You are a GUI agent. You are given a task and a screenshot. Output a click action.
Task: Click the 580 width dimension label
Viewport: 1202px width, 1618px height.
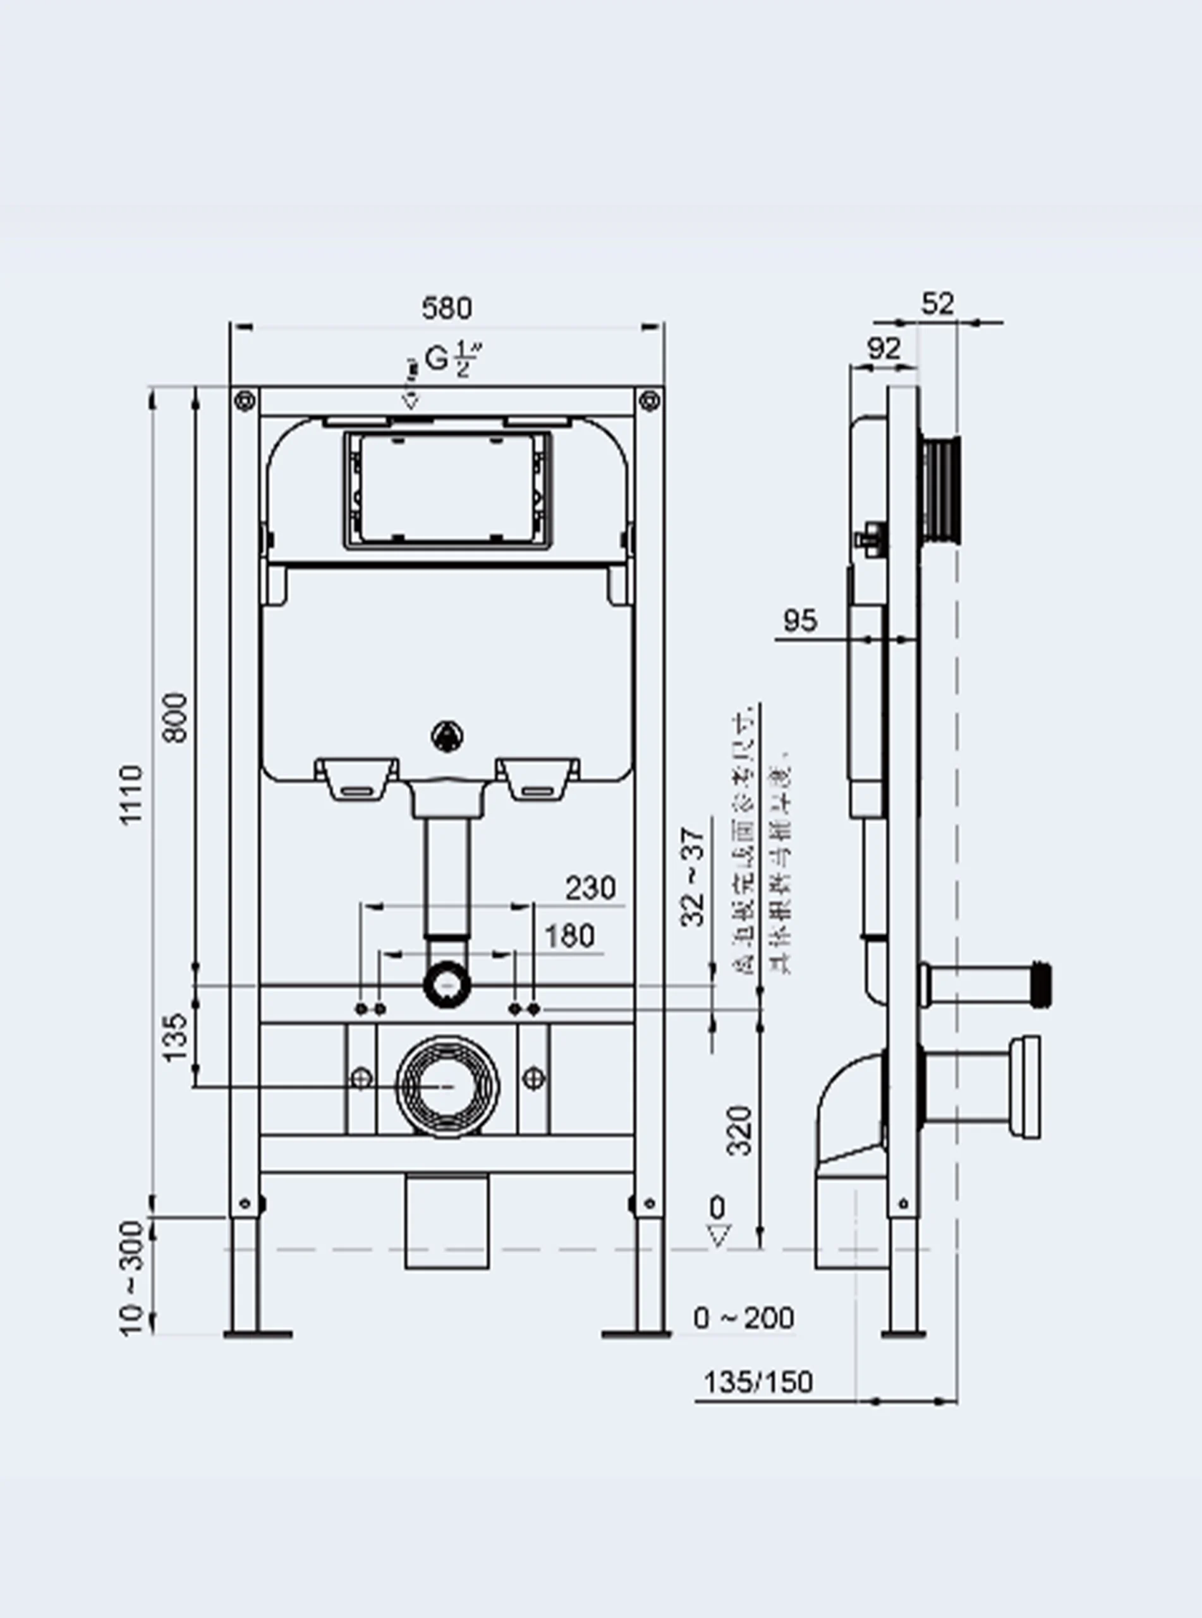tap(446, 308)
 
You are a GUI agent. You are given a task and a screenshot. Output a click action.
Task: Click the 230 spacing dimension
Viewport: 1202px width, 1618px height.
tap(590, 888)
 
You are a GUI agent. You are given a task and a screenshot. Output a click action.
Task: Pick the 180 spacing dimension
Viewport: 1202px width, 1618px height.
tap(569, 936)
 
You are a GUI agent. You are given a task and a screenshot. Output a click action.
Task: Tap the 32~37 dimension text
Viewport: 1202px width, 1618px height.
tap(693, 877)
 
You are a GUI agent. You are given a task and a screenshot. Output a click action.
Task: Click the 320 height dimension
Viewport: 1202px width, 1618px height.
tap(740, 1130)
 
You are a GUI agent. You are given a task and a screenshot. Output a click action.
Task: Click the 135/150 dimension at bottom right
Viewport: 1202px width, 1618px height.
tap(758, 1382)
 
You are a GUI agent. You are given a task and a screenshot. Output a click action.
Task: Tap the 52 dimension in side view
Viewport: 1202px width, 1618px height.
tap(937, 303)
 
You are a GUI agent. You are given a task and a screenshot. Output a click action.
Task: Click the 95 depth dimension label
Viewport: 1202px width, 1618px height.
tap(799, 621)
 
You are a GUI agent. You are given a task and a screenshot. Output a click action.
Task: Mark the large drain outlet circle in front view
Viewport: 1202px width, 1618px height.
tap(447, 1087)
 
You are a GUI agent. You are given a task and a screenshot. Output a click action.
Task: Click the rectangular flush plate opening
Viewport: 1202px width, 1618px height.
tap(447, 490)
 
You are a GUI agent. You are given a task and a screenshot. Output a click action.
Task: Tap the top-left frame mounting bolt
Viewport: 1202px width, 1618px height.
tap(245, 401)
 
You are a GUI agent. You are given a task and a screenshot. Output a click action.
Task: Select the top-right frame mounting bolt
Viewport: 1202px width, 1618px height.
tap(648, 401)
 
